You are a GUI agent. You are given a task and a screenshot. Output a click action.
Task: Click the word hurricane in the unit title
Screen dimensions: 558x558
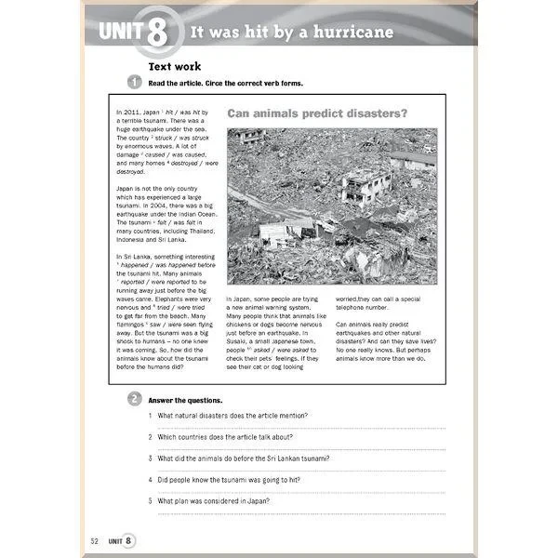pyautogui.click(x=349, y=33)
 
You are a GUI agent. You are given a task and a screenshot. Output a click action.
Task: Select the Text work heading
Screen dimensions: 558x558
pyautogui.click(x=176, y=66)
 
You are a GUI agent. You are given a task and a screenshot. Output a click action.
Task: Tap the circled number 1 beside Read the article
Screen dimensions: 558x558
pyautogui.click(x=134, y=84)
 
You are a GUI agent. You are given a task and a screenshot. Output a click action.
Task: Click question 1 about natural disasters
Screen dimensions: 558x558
pyautogui.click(x=232, y=416)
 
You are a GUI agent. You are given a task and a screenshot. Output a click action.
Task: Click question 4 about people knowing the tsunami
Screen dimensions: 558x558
pyautogui.click(x=233, y=480)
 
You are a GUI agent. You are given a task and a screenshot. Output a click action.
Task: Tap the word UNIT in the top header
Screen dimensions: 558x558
pyautogui.click(x=121, y=34)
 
